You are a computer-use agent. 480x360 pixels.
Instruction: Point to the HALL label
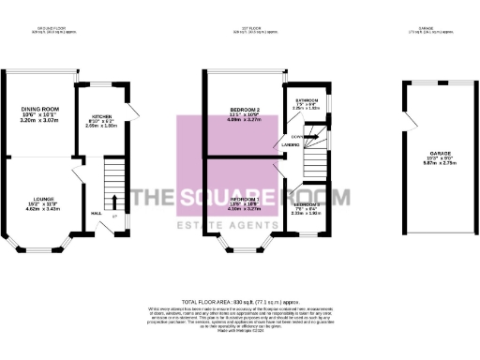96,213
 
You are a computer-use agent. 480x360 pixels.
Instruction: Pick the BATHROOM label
308,100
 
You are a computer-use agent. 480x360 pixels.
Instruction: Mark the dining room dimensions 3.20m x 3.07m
39,122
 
